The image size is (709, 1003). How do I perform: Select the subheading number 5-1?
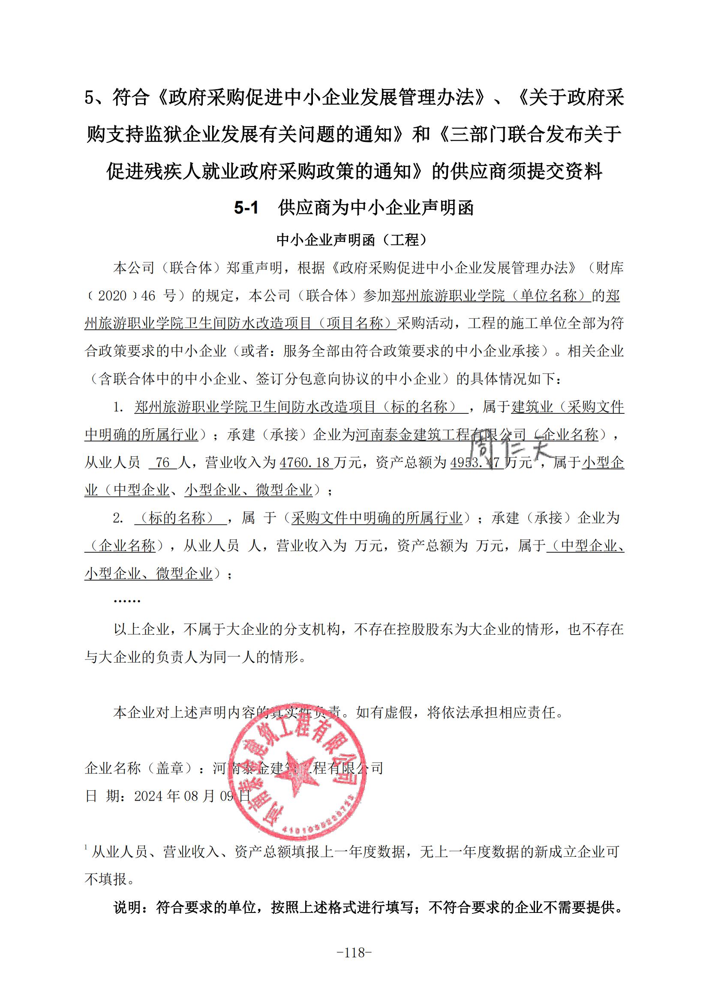[246, 208]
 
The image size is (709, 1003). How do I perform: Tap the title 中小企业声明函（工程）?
[354, 239]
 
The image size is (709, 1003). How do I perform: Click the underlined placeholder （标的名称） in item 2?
[180, 518]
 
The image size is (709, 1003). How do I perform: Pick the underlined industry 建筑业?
[532, 407]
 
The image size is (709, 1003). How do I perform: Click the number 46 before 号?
[148, 296]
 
